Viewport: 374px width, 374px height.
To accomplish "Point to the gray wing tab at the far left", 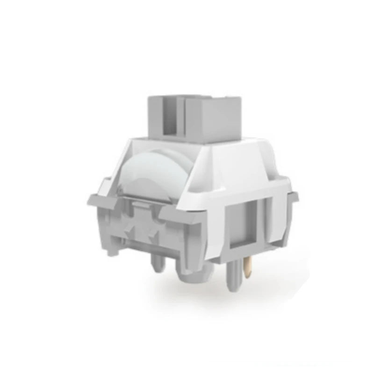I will click(96, 201).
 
